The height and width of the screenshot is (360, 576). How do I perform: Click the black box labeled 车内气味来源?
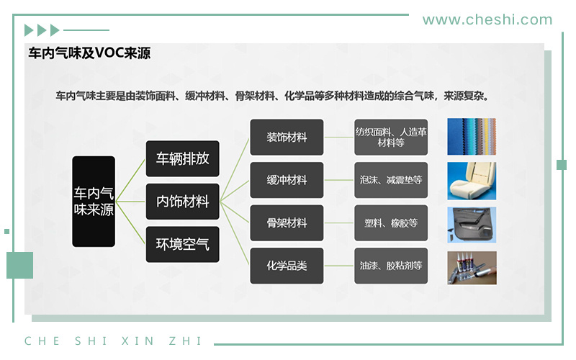94,202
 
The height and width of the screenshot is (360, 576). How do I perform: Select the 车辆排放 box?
183,158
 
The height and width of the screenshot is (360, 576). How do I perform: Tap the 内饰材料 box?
183,202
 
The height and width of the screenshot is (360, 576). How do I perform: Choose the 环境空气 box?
183,244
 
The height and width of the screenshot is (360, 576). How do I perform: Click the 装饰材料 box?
287,137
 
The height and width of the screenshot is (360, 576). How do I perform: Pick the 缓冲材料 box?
287,180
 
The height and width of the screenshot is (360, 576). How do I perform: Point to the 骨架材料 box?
287,223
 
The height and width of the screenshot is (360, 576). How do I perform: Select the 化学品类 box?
287,266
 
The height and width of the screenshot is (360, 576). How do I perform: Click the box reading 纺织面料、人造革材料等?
391,137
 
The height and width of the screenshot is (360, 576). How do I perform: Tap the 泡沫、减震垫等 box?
391,180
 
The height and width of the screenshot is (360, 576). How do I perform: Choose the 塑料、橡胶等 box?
391,223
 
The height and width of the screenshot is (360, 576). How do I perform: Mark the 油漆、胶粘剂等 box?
391,266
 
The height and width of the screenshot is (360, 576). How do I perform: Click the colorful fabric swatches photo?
472,137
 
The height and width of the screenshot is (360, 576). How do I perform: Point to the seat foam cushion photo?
472,181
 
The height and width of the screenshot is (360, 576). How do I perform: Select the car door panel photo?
472,225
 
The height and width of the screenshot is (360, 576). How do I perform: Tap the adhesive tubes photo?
472,268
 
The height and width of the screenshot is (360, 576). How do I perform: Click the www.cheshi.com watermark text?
487,20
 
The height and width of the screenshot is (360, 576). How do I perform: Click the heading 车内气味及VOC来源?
89,53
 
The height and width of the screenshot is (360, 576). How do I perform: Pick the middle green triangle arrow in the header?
42,30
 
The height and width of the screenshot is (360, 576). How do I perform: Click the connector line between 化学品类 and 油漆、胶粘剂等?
339,266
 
